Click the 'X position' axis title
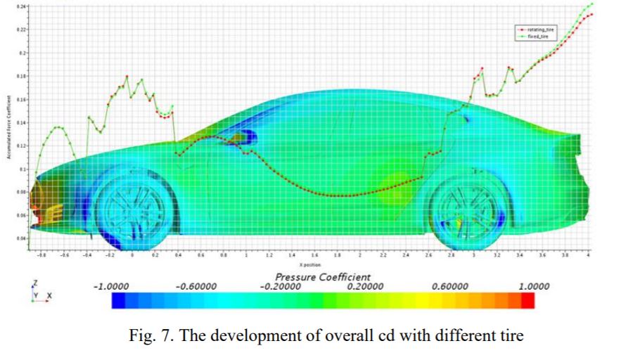click(309, 265)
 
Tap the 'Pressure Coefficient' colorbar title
click(323, 277)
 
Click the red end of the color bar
click(528, 301)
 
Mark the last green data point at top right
click(591, 4)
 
